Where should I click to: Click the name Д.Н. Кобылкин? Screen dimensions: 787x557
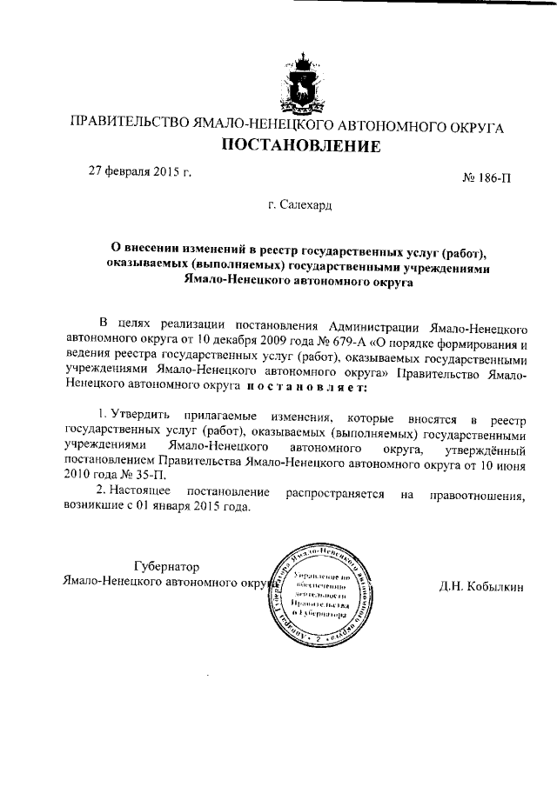pos(481,587)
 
